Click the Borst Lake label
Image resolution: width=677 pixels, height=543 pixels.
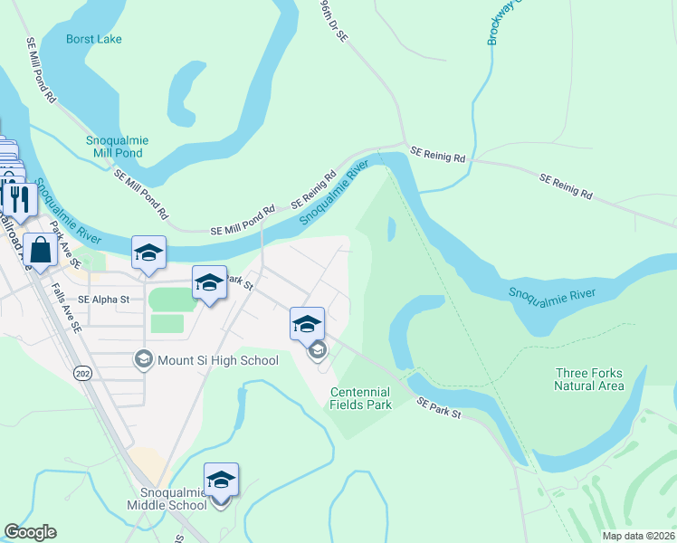pyautogui.click(x=93, y=39)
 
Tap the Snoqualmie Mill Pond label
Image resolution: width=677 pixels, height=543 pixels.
pyautogui.click(x=117, y=147)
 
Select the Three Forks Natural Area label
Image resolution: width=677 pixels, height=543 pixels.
pyautogui.click(x=589, y=379)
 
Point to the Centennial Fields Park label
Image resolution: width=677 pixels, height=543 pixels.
pyautogui.click(x=361, y=398)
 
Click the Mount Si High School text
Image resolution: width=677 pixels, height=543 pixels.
pyautogui.click(x=218, y=360)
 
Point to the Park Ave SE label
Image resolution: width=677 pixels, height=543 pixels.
pyautogui.click(x=65, y=244)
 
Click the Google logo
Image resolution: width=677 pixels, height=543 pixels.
pyautogui.click(x=30, y=532)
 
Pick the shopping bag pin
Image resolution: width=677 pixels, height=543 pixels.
pyautogui.click(x=41, y=249)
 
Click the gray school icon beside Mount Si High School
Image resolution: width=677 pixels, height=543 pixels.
pyautogui.click(x=143, y=360)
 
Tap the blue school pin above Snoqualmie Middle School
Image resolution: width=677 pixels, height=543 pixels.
pyautogui.click(x=220, y=479)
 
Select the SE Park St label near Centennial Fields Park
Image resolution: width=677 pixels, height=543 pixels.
pyautogui.click(x=439, y=406)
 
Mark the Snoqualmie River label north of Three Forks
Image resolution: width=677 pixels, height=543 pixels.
pyautogui.click(x=550, y=296)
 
